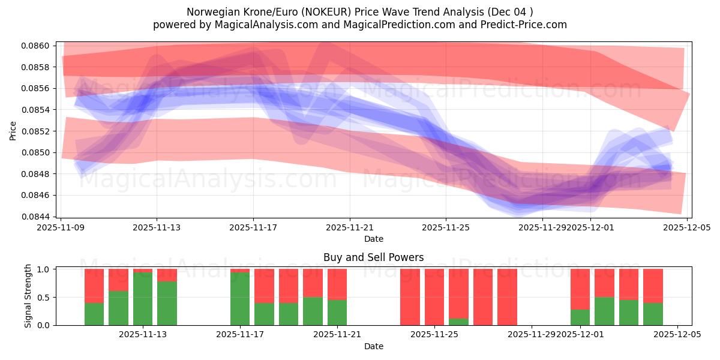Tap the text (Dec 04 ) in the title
coord(511,12)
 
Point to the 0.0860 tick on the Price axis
coord(37,46)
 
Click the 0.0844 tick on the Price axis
coord(37,217)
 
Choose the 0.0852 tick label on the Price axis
coord(37,131)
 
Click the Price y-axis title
coord(13,131)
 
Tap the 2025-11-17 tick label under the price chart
coord(253,227)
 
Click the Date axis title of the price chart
coord(373,239)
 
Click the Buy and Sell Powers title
coord(373,257)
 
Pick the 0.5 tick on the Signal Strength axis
coord(44,298)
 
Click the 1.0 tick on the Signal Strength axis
coord(44,269)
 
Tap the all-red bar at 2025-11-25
coord(434,297)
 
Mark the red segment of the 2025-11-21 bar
coord(337,284)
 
